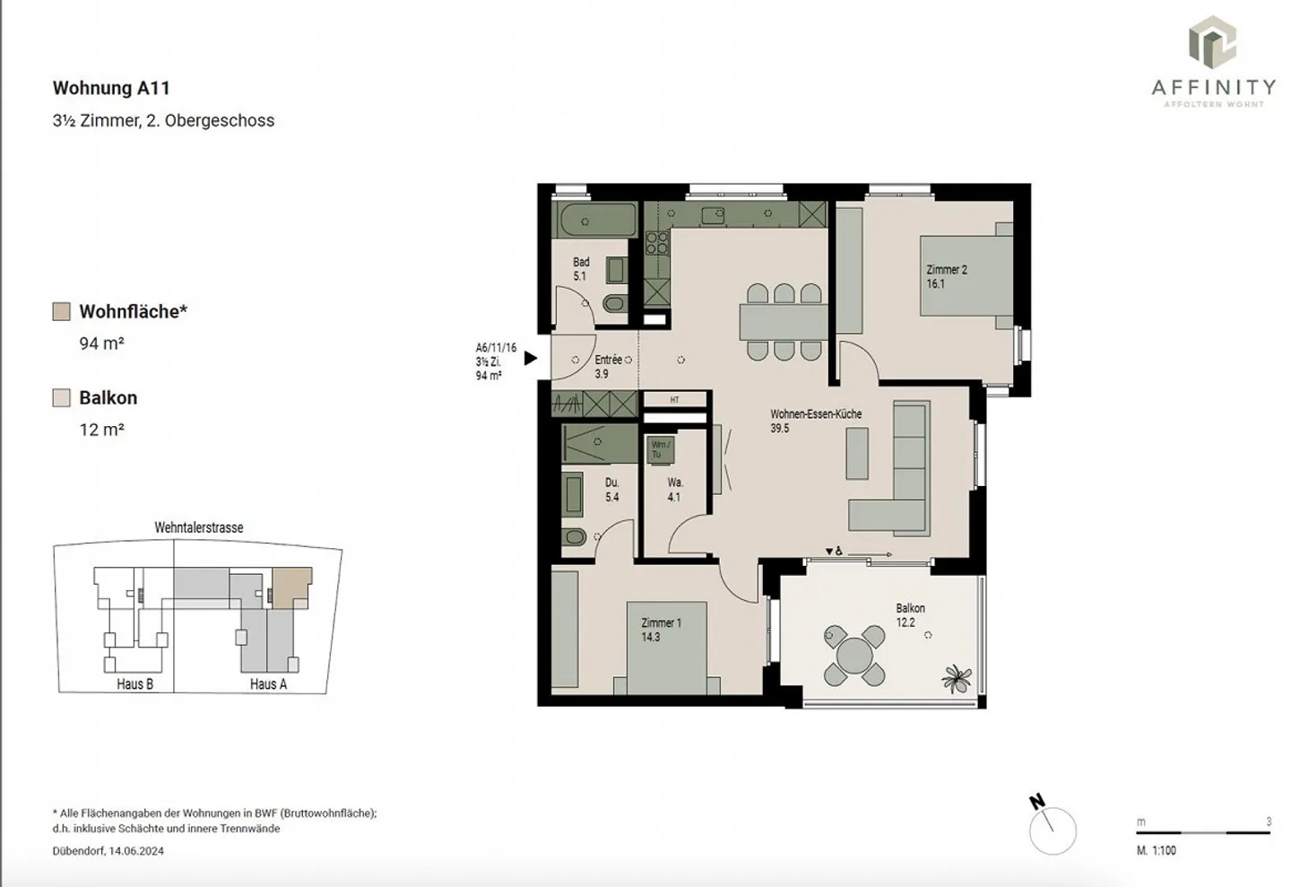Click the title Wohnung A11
coord(111,88)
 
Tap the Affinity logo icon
coord(1212,42)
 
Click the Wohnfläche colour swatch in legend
coord(61,311)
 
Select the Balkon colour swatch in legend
coord(61,398)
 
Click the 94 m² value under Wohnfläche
coord(101,343)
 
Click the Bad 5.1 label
coord(581,269)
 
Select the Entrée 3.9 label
coord(607,366)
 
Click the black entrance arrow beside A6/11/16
coord(530,358)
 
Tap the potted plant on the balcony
coord(957,679)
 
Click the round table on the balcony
coord(853,654)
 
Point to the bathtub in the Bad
coord(595,220)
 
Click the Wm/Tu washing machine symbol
coord(660,449)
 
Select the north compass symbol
coord(1051,827)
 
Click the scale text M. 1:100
coord(1156,850)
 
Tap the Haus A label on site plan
coord(268,683)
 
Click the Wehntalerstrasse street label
coord(198,527)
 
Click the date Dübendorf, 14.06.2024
coord(108,851)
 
